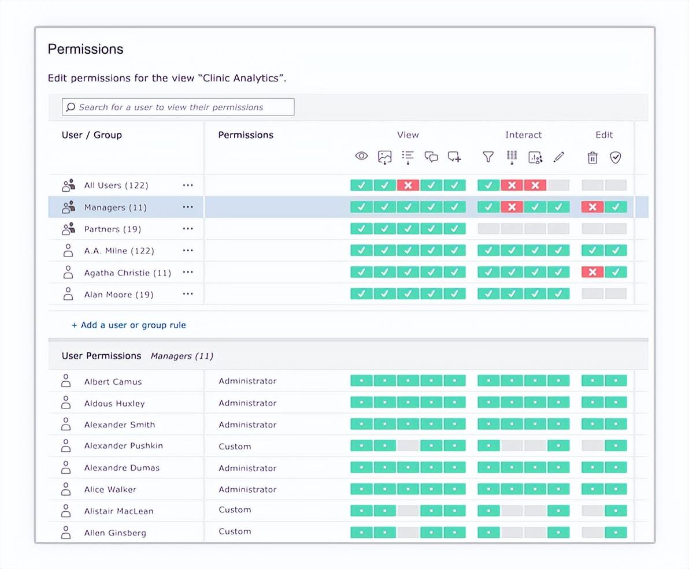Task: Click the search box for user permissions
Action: pyautogui.click(x=178, y=107)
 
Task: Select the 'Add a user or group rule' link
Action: pyautogui.click(x=129, y=325)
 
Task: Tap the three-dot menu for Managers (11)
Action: pyautogui.click(x=188, y=207)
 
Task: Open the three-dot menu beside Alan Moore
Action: pyautogui.click(x=188, y=293)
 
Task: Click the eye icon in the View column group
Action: pyautogui.click(x=361, y=156)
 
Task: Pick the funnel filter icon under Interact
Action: pyautogui.click(x=488, y=157)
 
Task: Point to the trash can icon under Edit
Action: pyautogui.click(x=592, y=157)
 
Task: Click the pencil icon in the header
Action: pyautogui.click(x=558, y=157)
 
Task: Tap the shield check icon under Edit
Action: pyautogui.click(x=616, y=157)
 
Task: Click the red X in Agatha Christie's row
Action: pyautogui.click(x=592, y=272)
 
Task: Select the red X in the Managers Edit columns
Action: pyautogui.click(x=592, y=207)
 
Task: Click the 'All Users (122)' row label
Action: pyautogui.click(x=116, y=185)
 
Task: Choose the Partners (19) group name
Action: pyautogui.click(x=113, y=229)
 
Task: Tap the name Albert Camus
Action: pyautogui.click(x=113, y=381)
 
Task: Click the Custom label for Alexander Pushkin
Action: pyautogui.click(x=235, y=447)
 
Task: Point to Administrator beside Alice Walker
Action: pyautogui.click(x=247, y=489)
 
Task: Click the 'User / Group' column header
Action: pyautogui.click(x=91, y=135)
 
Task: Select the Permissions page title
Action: pyautogui.click(x=85, y=49)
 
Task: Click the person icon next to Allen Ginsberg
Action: pyautogui.click(x=66, y=532)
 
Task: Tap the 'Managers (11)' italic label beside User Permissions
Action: pyautogui.click(x=182, y=356)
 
